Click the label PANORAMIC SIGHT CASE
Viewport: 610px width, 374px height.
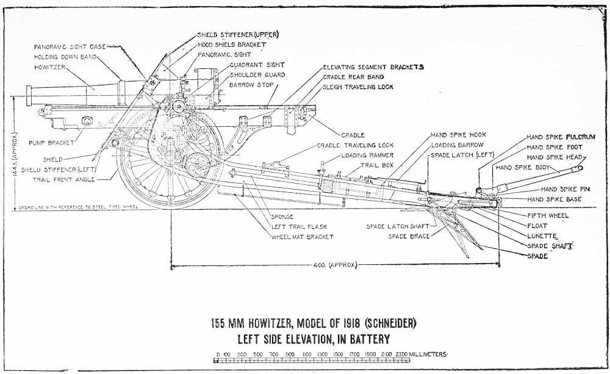(x=70, y=46)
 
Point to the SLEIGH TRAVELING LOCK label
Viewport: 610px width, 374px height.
(x=358, y=87)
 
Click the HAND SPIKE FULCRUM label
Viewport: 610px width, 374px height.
(x=558, y=137)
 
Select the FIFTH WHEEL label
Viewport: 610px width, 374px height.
(x=547, y=215)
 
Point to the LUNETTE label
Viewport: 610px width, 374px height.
(x=540, y=236)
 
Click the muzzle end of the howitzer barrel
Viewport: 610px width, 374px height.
(x=27, y=93)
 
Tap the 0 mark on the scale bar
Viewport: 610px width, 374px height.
(x=217, y=354)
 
